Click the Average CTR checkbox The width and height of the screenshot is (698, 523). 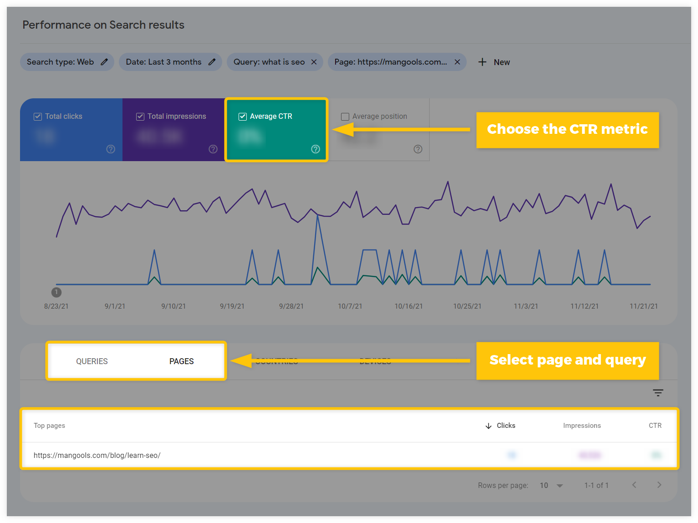243,117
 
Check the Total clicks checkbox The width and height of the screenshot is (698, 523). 38,117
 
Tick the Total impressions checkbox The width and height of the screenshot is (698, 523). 140,117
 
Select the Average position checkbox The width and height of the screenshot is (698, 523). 345,117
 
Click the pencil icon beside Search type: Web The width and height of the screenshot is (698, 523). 104,62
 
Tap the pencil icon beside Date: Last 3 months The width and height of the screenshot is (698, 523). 212,62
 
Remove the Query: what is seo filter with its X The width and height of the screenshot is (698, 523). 314,62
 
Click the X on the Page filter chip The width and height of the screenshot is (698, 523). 457,62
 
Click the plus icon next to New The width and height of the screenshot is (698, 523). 482,62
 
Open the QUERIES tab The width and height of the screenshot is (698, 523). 92,361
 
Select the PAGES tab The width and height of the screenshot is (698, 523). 181,361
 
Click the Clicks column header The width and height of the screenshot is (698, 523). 505,426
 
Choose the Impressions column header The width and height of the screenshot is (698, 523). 581,426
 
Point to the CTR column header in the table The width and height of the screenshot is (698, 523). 655,426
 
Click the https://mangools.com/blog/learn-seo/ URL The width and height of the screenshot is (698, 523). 97,455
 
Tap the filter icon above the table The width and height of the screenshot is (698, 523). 658,393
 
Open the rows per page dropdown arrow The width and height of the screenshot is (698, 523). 560,486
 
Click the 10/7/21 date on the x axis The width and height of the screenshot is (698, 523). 350,306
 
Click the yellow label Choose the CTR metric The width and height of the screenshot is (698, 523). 567,130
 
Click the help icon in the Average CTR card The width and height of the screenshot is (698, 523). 316,149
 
